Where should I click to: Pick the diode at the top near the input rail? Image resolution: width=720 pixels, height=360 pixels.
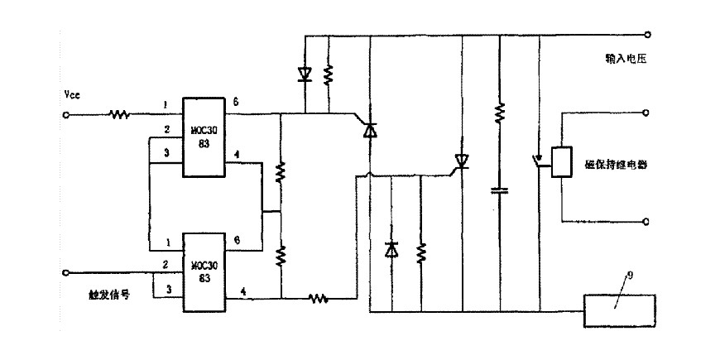pyautogui.click(x=305, y=74)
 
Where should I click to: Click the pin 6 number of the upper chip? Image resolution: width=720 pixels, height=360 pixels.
pyautogui.click(x=236, y=103)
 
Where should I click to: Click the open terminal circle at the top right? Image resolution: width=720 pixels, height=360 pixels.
pyautogui.click(x=648, y=36)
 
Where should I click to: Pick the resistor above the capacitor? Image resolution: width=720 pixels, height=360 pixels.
pyautogui.click(x=499, y=112)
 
